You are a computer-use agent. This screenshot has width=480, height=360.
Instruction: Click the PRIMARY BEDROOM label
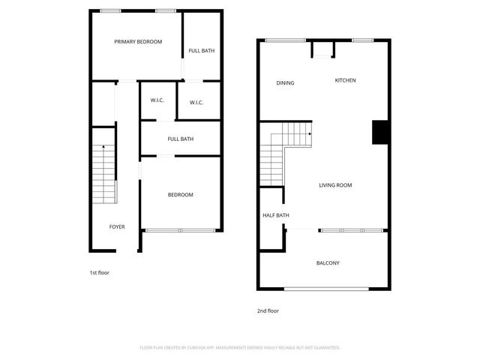(x=138, y=42)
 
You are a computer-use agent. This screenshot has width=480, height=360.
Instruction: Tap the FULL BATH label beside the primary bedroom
(x=202, y=51)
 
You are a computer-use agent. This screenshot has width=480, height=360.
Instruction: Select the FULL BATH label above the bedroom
(x=181, y=139)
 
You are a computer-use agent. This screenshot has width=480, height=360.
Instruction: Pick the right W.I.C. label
(x=197, y=103)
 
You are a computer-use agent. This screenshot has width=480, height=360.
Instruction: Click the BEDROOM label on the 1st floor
(x=180, y=195)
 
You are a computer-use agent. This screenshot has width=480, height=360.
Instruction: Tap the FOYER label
(x=117, y=226)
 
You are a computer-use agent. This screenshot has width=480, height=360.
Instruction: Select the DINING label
(x=285, y=83)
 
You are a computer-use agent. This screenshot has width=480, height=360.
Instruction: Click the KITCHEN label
(x=345, y=80)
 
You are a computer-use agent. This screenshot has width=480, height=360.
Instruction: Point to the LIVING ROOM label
(x=335, y=185)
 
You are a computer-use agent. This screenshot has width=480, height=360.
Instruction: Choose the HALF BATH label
(x=275, y=216)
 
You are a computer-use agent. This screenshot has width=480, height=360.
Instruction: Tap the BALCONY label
(x=328, y=263)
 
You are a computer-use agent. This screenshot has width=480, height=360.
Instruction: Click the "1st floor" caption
(x=99, y=273)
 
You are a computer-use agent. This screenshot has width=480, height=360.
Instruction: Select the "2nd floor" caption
(x=268, y=310)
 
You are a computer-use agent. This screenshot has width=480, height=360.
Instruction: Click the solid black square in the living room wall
(x=380, y=132)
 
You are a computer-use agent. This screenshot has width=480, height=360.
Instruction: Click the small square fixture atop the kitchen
(x=323, y=51)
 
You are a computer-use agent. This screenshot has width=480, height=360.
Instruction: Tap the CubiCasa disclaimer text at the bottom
(x=240, y=348)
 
